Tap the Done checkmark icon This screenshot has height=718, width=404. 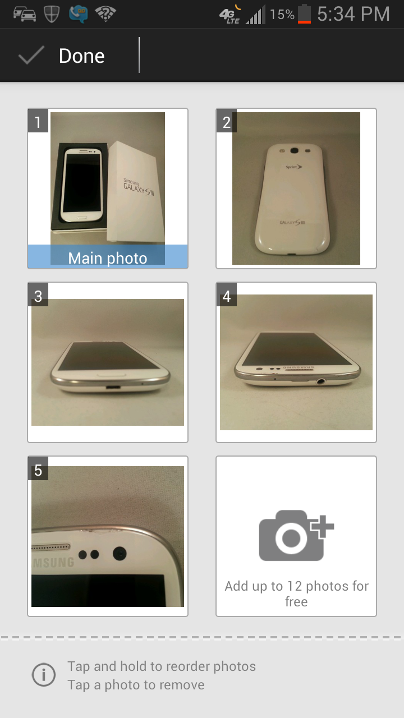pos(31,56)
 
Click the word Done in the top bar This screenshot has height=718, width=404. pos(81,56)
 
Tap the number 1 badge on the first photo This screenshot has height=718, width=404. pos(38,122)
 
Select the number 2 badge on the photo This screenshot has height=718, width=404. pos(227,122)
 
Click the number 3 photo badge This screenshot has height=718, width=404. pos(38,296)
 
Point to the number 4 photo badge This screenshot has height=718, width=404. pos(227,296)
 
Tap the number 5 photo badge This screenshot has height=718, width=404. pos(38,470)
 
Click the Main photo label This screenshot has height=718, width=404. pos(108,258)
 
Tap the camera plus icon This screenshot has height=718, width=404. pos(296,535)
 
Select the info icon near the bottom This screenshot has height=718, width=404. pos(44,675)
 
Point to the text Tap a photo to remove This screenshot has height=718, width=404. pos(136,685)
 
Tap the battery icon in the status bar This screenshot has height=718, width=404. pos(304,14)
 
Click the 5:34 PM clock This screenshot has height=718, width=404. pos(353,14)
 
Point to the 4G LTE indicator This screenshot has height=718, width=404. pos(229,15)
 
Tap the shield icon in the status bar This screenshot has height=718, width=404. pos(52,14)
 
